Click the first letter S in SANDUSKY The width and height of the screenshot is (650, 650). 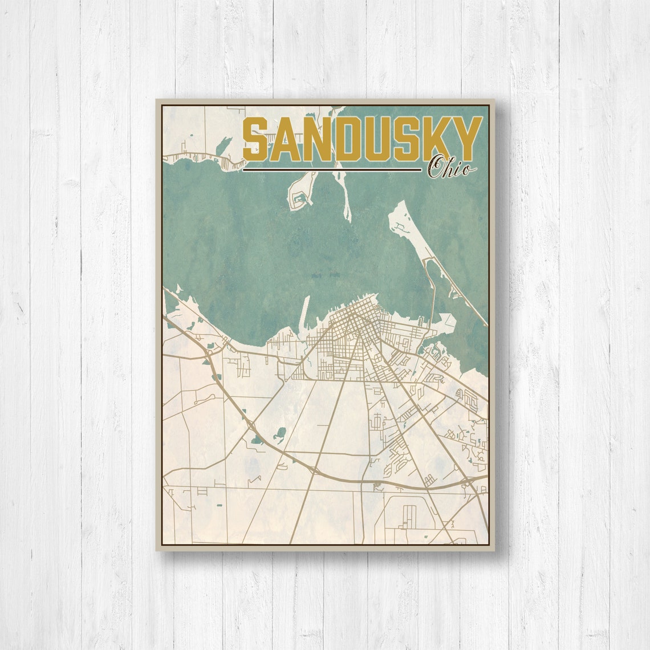click(x=256, y=140)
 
